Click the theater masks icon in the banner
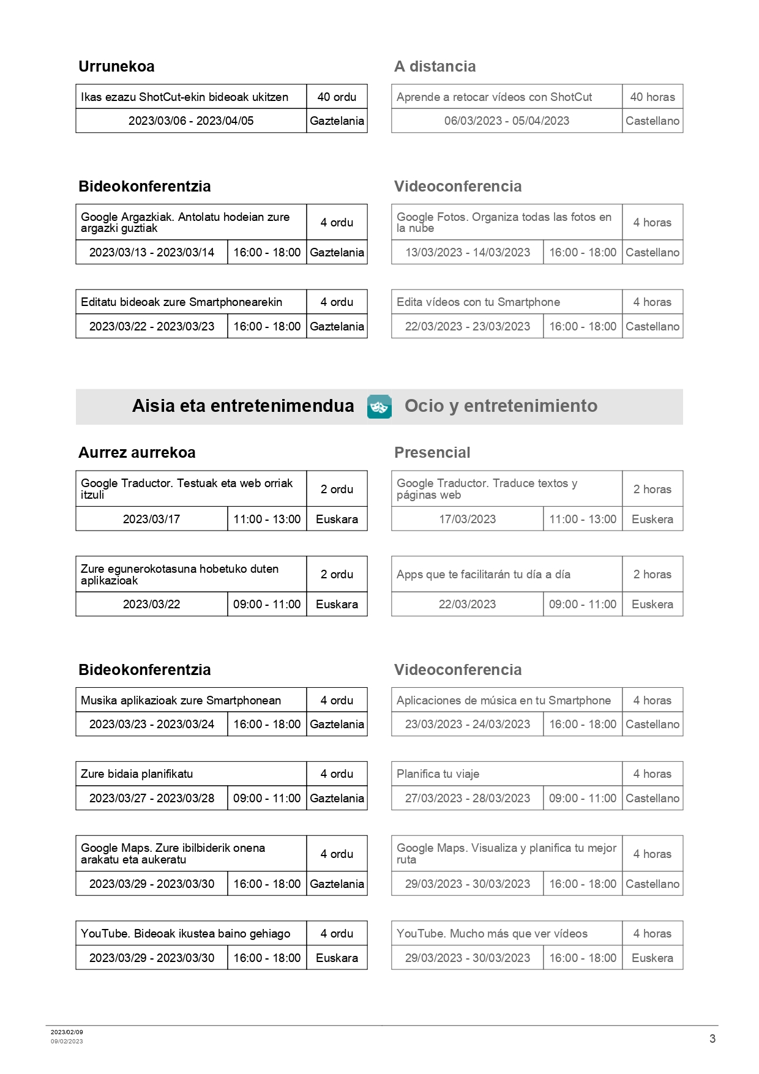pyautogui.click(x=379, y=407)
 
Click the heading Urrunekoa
pyautogui.click(x=116, y=67)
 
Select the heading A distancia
pyautogui.click(x=435, y=67)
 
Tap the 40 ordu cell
pyautogui.click(x=337, y=97)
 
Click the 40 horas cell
pyautogui.click(x=652, y=97)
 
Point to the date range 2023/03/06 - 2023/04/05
pyautogui.click(x=191, y=121)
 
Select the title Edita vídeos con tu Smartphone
pyautogui.click(x=478, y=302)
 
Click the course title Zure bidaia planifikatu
pyautogui.click(x=136, y=774)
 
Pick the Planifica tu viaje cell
pyautogui.click(x=438, y=774)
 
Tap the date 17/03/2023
pyautogui.click(x=467, y=519)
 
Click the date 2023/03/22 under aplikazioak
pyautogui.click(x=151, y=604)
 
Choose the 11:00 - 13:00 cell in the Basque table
pyautogui.click(x=267, y=519)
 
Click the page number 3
pyautogui.click(x=712, y=1039)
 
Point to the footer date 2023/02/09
pyautogui.click(x=67, y=1032)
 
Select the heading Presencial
pyautogui.click(x=432, y=453)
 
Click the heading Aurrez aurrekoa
pyautogui.click(x=137, y=453)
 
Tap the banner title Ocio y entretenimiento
pyautogui.click(x=501, y=406)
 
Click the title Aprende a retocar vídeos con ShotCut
pyautogui.click(x=494, y=97)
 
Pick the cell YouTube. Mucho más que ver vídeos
pyautogui.click(x=492, y=933)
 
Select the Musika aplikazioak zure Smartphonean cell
pyautogui.click(x=181, y=700)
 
